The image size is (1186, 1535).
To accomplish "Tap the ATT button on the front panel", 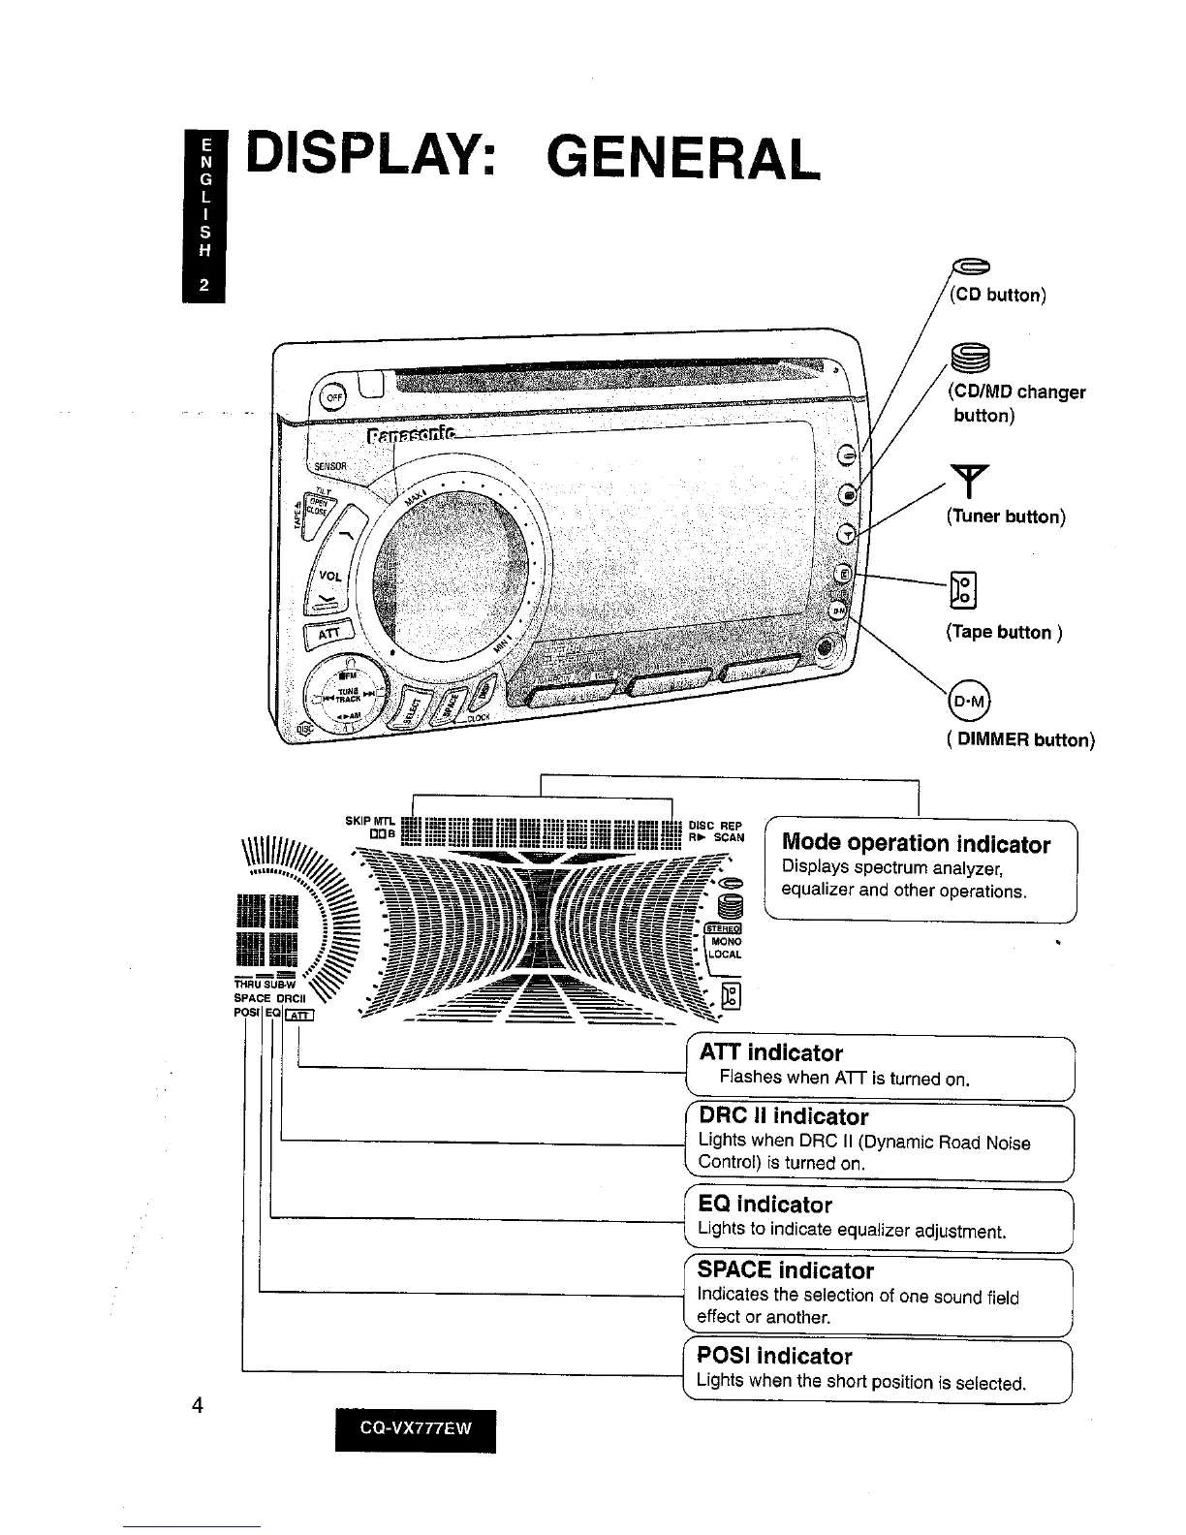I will (x=324, y=637).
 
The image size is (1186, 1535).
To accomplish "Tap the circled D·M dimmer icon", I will (x=966, y=701).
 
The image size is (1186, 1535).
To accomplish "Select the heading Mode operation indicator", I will (x=916, y=844).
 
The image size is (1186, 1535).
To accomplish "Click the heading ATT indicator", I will (x=770, y=1052).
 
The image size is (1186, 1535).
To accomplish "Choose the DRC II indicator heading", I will (x=783, y=1116).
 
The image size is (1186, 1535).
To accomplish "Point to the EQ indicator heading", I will (x=765, y=1205).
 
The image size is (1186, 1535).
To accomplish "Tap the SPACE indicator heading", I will (x=785, y=1269).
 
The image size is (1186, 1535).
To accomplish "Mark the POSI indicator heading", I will (x=774, y=1356).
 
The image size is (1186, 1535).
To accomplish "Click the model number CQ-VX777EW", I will (x=415, y=1430).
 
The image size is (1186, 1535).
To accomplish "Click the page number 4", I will (x=197, y=1405).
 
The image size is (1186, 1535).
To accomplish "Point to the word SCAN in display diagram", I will (x=729, y=837).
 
